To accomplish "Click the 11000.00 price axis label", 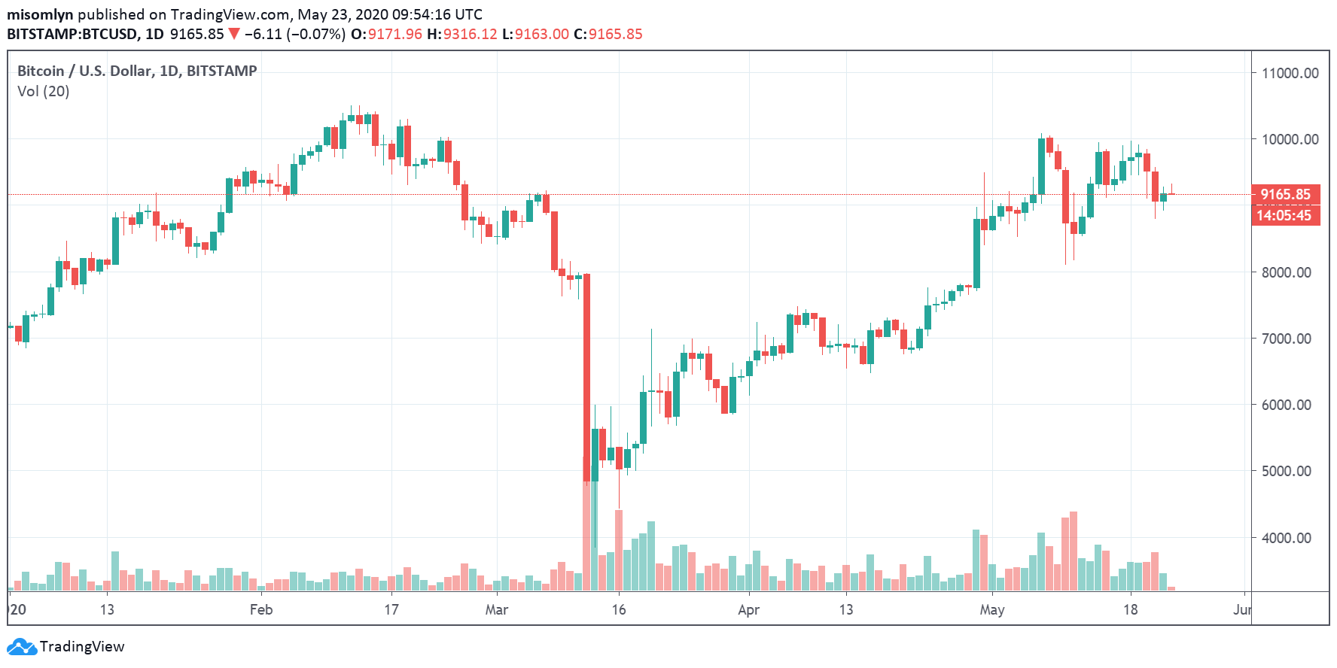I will pos(1290,73).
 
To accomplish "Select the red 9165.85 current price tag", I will pos(1285,194).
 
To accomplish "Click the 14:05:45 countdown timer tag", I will pos(1284,216).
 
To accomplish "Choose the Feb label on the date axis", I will pos(261,609).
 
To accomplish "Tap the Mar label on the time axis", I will pos(496,609).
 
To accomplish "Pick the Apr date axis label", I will pos(748,609).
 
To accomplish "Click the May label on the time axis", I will pos(991,609).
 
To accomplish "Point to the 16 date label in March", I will pos(618,609).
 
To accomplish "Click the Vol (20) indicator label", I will pos(44,91).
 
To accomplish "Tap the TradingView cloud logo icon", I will pos(21,646).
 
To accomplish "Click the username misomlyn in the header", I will pos(40,14).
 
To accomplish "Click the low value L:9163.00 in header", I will pos(535,34).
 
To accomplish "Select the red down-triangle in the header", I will pos(234,34).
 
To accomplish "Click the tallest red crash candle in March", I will pos(586,376).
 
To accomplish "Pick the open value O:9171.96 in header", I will pos(387,34).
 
